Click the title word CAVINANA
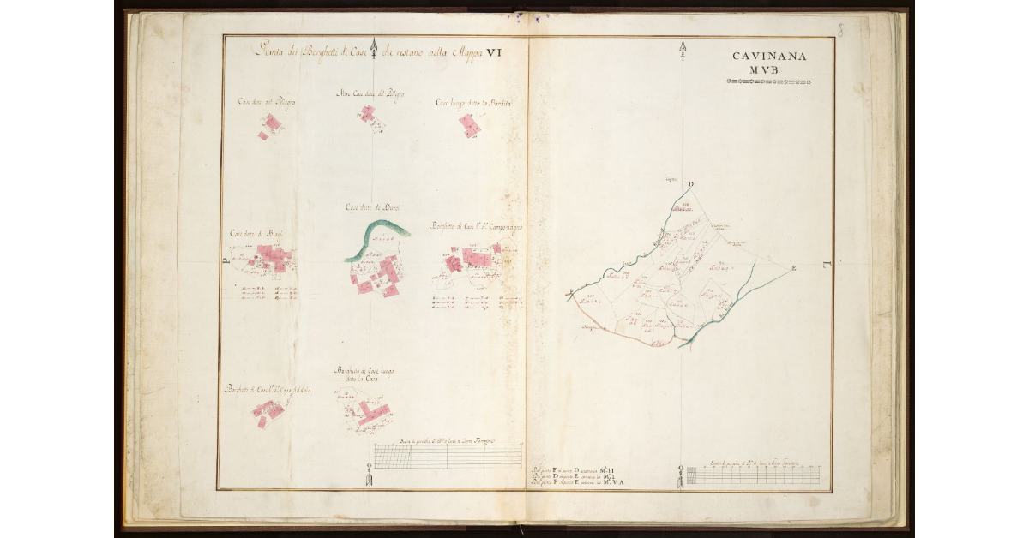[x=769, y=57]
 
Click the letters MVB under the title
[x=769, y=70]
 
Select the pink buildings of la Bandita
[x=469, y=126]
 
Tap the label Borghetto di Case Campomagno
[x=477, y=227]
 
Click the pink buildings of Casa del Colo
[x=268, y=412]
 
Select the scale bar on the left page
[x=448, y=456]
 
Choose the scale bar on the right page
[x=755, y=475]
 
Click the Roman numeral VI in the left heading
[x=493, y=52]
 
